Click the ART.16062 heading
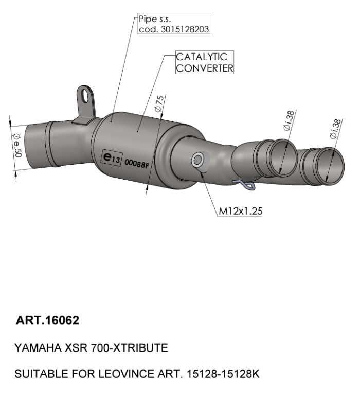pyautogui.click(x=47, y=321)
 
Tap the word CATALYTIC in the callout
pyautogui.click(x=202, y=57)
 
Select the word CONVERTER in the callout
pyautogui.click(x=204, y=68)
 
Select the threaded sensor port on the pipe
pyautogui.click(x=197, y=161)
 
